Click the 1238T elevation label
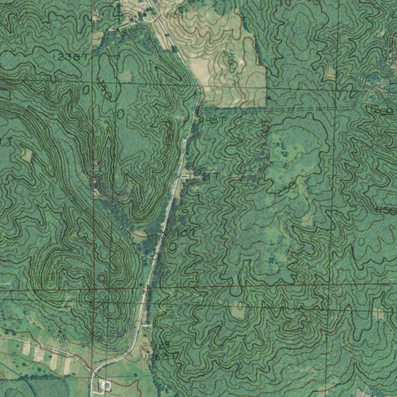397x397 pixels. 70,57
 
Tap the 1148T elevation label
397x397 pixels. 212,121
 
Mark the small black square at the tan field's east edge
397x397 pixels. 268,98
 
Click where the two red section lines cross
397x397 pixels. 94,289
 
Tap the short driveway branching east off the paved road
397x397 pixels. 147,326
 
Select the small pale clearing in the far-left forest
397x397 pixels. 26,155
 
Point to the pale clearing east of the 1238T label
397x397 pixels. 125,77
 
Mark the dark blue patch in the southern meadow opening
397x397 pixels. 271,258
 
